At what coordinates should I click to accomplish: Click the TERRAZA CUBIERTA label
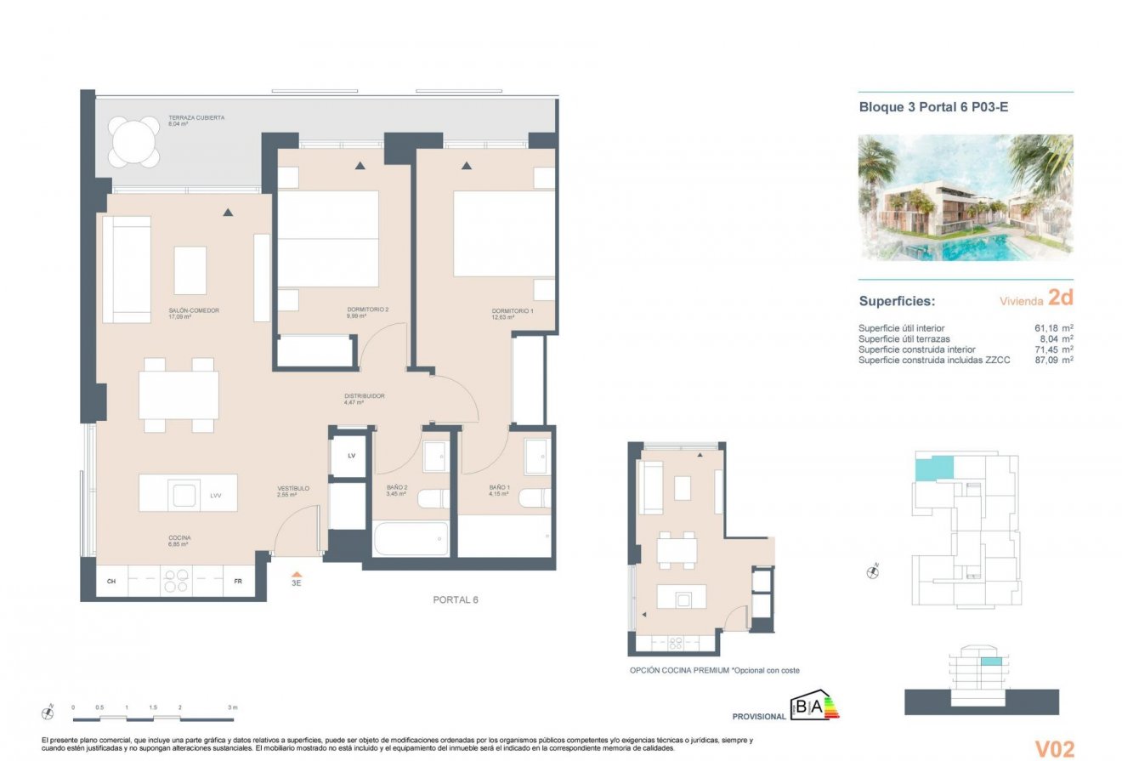tap(196, 118)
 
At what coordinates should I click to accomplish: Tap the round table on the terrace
tap(134, 142)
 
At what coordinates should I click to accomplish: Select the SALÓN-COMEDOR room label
tap(194, 311)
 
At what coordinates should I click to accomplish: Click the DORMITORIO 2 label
tap(367, 310)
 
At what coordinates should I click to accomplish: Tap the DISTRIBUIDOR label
tap(364, 396)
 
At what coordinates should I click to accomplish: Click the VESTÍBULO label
tap(292, 489)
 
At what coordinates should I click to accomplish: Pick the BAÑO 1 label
tap(499, 488)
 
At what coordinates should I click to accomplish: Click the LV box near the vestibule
tap(351, 456)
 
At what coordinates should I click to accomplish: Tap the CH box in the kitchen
tap(110, 582)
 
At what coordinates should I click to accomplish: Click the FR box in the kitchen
tap(238, 582)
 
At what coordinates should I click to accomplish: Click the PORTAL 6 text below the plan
tap(456, 600)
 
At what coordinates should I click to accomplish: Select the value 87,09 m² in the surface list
tap(1053, 361)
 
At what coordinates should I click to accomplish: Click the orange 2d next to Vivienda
tap(1060, 298)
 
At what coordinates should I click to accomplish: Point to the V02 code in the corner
tap(1054, 748)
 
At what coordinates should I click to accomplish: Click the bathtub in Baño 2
tap(411, 539)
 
